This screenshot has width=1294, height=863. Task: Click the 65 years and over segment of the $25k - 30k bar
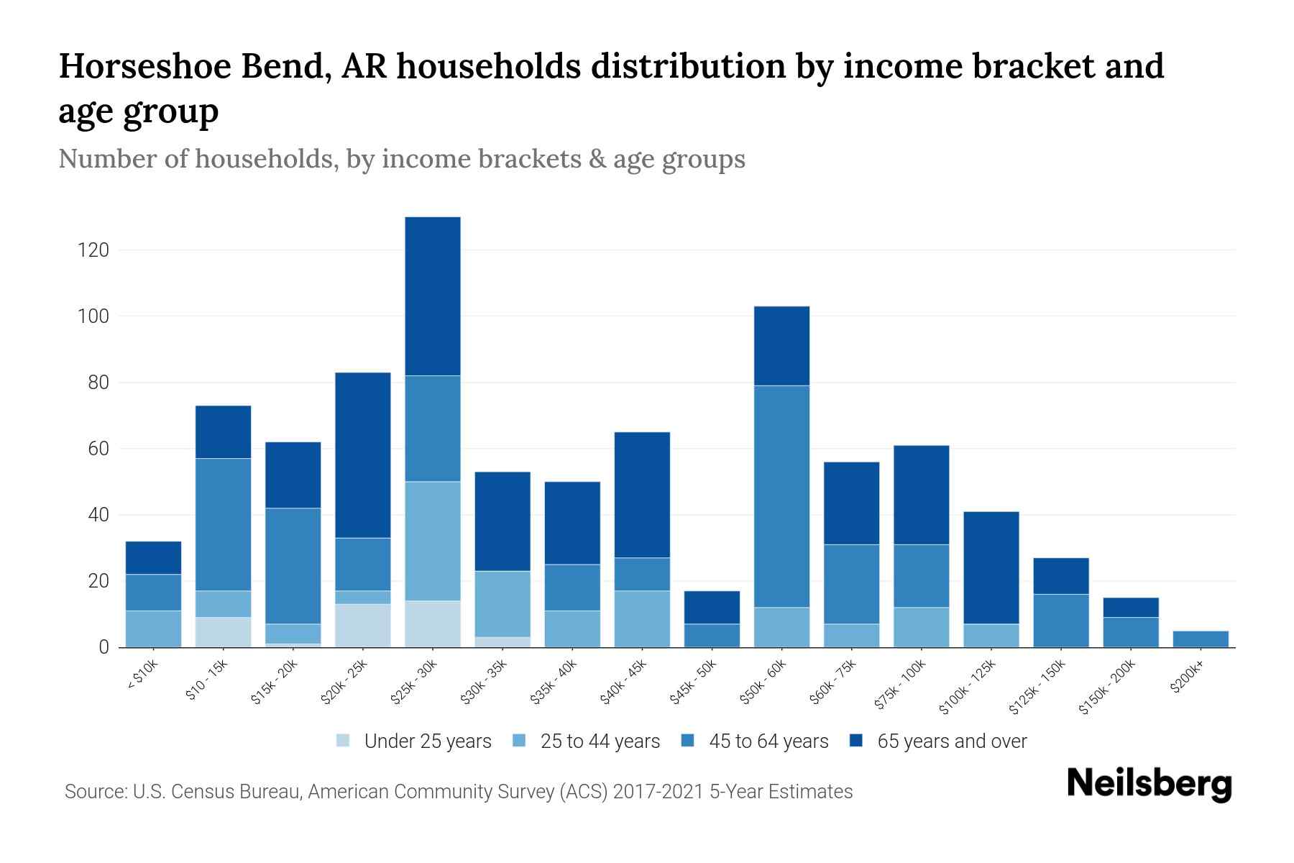[433, 296]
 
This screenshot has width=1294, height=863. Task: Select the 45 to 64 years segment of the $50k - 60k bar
[782, 496]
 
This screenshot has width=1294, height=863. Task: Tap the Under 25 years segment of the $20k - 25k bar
[363, 625]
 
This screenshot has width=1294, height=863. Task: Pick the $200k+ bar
[1201, 639]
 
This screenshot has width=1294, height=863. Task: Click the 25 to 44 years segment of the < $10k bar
[153, 629]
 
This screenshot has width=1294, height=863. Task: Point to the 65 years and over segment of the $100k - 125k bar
[991, 567]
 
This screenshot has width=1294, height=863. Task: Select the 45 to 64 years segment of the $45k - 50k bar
[712, 635]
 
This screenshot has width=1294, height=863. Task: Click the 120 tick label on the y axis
[93, 250]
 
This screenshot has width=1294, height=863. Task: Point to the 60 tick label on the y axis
[98, 449]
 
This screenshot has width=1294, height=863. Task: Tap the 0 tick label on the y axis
[104, 647]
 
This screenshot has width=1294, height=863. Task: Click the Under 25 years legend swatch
[344, 741]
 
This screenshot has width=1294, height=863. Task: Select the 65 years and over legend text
[952, 741]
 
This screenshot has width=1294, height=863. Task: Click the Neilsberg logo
[1149, 783]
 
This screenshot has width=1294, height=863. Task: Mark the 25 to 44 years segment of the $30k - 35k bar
[503, 603]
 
